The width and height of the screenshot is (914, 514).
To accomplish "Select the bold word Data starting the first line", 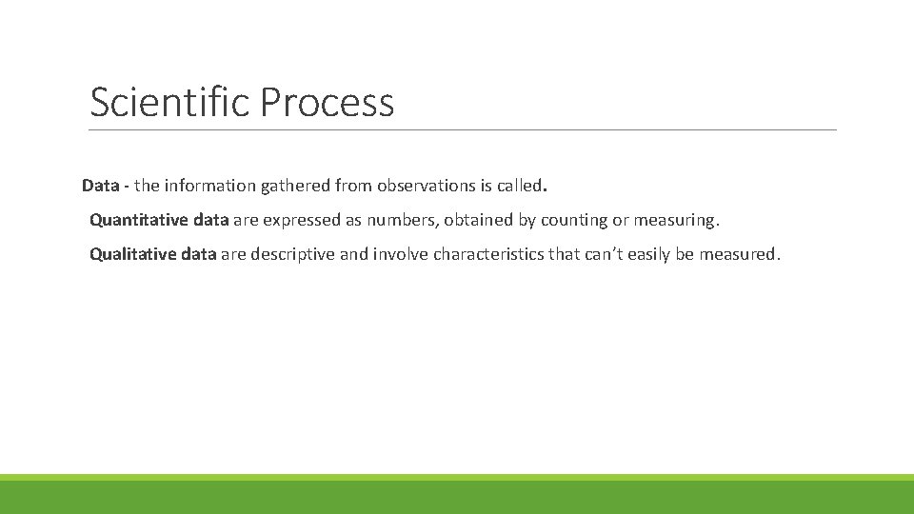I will [100, 185].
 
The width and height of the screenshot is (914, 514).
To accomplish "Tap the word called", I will [518, 185].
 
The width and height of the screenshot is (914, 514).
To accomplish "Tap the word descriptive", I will [292, 254].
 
